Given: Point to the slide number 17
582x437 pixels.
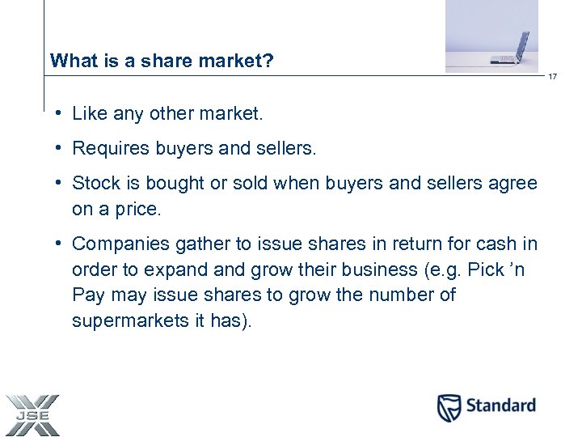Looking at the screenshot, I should click(x=553, y=77).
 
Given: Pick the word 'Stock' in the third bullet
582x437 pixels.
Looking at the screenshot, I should click(x=94, y=183).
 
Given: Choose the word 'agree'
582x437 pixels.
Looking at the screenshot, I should click(x=512, y=184).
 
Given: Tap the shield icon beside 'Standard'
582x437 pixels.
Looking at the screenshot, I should click(x=449, y=407).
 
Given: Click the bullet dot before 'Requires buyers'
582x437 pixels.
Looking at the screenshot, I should click(x=61, y=148).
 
